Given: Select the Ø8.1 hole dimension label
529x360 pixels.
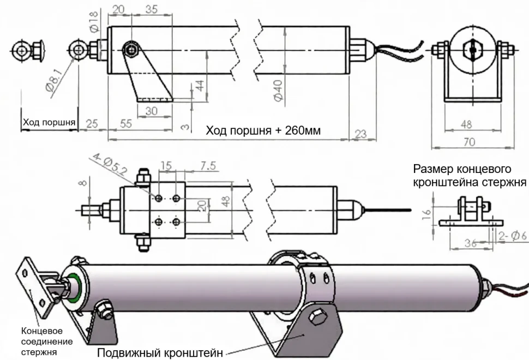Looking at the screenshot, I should click(x=56, y=83).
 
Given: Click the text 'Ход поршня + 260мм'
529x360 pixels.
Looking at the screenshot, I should click(x=263, y=131).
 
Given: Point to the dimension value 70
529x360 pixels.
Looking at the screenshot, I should click(x=470, y=142).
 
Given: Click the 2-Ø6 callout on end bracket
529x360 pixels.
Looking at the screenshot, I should click(x=513, y=236).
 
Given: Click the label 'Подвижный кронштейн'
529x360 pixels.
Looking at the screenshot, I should click(x=160, y=352).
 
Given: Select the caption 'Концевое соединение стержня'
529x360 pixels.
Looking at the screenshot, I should click(x=46, y=341).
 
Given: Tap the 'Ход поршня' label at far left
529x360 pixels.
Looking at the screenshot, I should click(x=49, y=122).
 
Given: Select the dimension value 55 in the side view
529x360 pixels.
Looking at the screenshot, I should click(x=126, y=124).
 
